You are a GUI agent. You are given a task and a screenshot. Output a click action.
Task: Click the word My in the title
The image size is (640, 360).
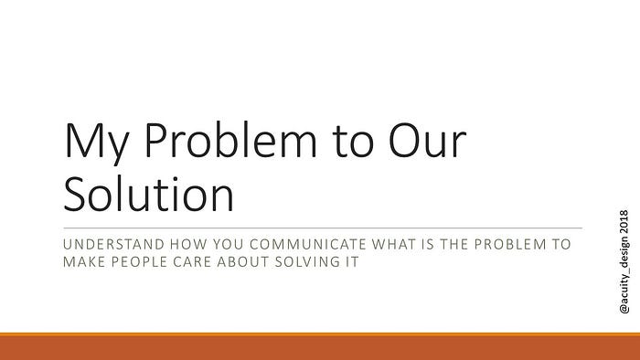[x=97, y=143]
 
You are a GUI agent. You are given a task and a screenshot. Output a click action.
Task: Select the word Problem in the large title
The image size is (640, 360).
[x=230, y=140]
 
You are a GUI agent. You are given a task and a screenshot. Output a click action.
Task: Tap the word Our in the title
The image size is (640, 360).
[x=427, y=141]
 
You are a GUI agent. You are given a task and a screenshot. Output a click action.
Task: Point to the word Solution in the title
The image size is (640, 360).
[x=149, y=194]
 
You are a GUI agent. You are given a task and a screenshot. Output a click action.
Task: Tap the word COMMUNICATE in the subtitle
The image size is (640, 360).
[x=308, y=244]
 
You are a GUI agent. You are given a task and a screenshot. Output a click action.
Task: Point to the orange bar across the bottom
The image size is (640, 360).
[x=320, y=346]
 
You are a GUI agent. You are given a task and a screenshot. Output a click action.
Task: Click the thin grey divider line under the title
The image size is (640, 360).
[x=323, y=228]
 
